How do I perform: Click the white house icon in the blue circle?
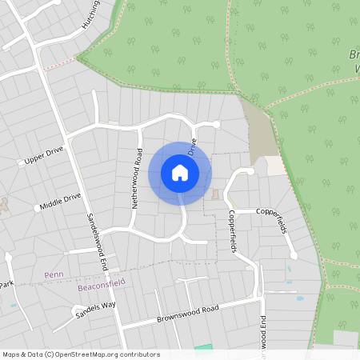180,172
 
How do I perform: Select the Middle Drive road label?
62,201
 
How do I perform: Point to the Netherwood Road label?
137,178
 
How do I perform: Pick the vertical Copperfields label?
232,231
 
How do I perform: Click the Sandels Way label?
96,310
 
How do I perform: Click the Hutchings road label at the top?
90,14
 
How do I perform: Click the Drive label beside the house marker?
192,148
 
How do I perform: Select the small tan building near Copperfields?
214,194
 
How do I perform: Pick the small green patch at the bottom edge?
205,346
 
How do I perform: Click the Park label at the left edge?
6,285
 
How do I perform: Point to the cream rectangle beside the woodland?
274,166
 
